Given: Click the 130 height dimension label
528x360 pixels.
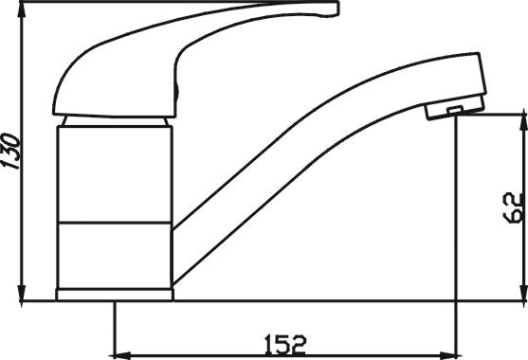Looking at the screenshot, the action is click(x=10, y=151).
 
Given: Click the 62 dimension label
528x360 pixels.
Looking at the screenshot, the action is click(x=514, y=207).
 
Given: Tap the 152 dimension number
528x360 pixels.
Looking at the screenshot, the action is click(x=285, y=344).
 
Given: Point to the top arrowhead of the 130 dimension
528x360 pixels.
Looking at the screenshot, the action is click(x=22, y=9).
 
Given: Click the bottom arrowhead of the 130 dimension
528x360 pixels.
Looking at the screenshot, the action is click(x=22, y=292).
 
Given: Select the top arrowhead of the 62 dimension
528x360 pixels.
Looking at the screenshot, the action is click(x=523, y=122).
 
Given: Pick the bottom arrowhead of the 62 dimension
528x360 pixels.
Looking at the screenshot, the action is click(x=523, y=292).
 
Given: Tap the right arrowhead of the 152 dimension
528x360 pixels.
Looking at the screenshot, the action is click(x=449, y=355).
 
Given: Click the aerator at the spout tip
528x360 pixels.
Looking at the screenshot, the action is click(x=455, y=108).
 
